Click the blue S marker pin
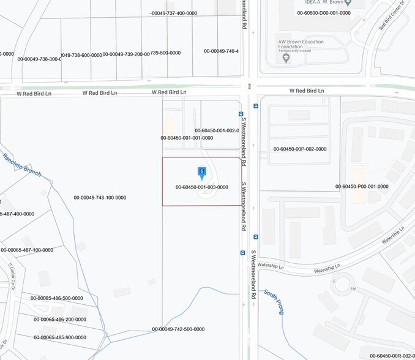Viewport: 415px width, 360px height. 201,173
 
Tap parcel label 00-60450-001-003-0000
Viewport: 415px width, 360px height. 201,187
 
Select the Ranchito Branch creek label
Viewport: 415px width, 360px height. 22,165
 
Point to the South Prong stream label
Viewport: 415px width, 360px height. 274,302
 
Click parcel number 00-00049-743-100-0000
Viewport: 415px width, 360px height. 100,198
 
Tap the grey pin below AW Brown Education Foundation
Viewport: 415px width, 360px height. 286,59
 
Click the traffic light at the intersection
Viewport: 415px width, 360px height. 249,87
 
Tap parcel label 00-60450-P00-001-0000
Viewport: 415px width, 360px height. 362,187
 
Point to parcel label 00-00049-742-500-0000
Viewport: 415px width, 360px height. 178,329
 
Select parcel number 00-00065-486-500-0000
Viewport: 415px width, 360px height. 56,299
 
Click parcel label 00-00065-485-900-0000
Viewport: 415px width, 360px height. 60,337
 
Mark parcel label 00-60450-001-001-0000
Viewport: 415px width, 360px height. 187,138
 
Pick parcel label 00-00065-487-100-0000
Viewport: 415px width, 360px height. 27,250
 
